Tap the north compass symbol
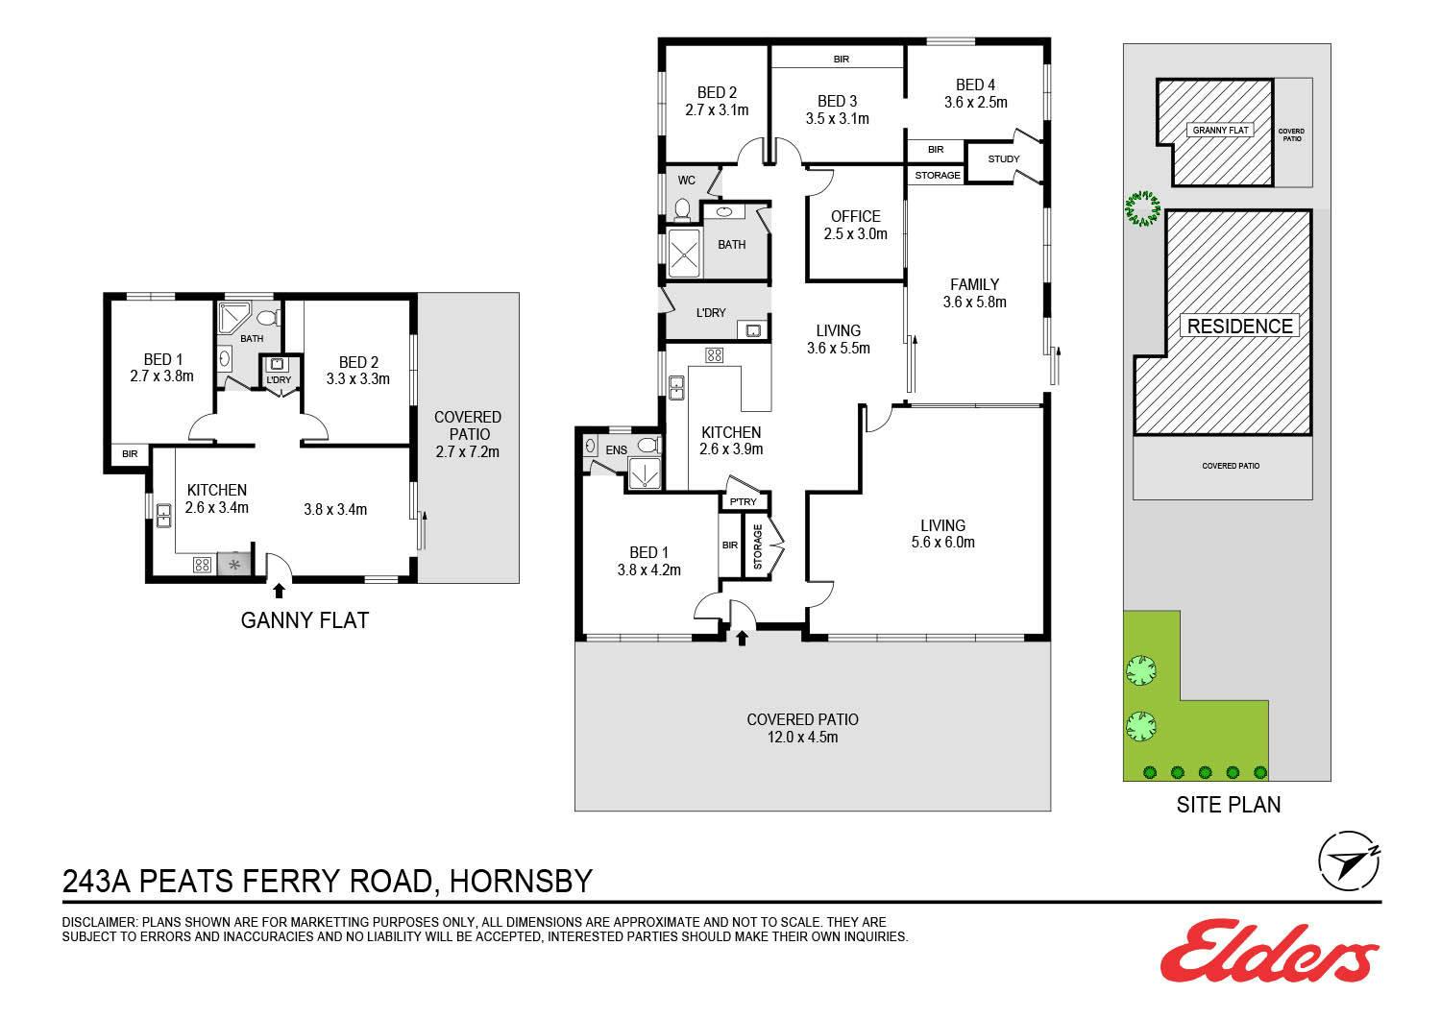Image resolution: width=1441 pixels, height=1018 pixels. click(1349, 861)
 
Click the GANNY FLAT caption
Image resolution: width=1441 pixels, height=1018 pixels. click(305, 620)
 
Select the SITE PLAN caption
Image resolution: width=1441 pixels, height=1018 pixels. click(1228, 805)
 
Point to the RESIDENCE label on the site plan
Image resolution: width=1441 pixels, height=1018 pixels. click(1239, 326)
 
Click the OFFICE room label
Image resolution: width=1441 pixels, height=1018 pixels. click(856, 217)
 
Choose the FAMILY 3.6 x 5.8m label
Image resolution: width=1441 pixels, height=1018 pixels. click(975, 293)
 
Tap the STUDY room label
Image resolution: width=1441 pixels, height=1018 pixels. click(1004, 158)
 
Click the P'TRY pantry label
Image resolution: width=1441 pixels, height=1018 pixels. click(743, 501)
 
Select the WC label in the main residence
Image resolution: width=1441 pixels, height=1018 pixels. click(687, 181)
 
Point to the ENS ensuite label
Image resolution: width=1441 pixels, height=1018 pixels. click(617, 450)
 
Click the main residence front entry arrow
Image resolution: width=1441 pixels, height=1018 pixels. click(742, 638)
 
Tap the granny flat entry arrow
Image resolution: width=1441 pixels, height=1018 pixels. click(279, 591)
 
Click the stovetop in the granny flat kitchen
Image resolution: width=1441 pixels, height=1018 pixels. click(202, 566)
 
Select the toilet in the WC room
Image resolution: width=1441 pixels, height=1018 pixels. click(682, 210)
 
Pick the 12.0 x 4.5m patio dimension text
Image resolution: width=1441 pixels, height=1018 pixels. click(802, 737)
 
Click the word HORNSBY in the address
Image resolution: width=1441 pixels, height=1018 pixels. click(521, 881)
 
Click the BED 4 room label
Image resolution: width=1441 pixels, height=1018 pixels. click(975, 85)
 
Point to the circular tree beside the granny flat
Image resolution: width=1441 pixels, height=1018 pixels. click(1143, 208)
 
